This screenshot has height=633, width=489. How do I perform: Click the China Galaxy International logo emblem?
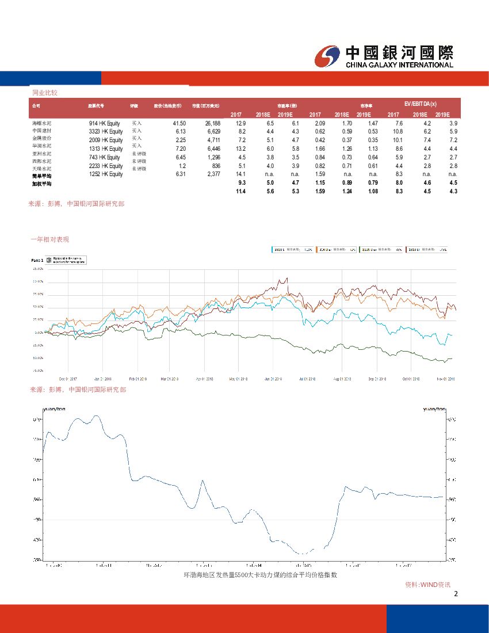pos(328,56)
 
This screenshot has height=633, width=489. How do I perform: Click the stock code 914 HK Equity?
pos(105,124)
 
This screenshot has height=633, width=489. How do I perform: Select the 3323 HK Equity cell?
pos(106,132)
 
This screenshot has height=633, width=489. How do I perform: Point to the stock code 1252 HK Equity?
pos(106,174)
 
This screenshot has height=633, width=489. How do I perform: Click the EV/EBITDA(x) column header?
pos(420,104)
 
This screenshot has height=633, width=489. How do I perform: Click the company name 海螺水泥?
pos(42,123)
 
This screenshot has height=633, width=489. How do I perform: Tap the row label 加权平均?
pos(41,184)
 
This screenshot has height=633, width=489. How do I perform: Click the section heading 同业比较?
pos(44,93)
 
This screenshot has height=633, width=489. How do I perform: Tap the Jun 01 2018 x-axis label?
pos(273,379)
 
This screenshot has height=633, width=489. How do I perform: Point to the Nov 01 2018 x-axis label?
pos(447,379)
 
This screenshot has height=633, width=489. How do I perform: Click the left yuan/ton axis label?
pos(51,409)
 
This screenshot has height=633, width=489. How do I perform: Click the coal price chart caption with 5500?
pos(259,575)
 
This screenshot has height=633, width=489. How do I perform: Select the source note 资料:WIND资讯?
pos(427,585)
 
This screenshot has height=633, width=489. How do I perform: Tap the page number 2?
pos(456,594)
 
